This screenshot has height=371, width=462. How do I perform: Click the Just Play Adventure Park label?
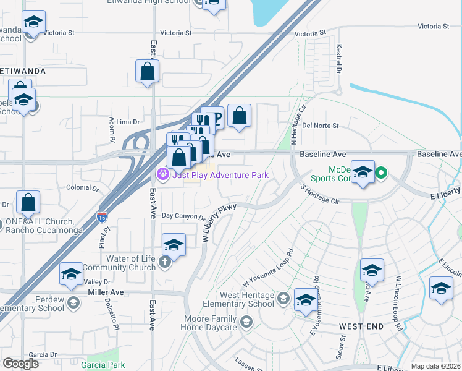[x=220, y=175]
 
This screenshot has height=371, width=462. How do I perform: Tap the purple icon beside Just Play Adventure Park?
[x=162, y=175]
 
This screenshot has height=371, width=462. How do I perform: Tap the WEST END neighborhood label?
[x=361, y=325]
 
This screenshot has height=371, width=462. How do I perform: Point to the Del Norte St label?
[x=321, y=125]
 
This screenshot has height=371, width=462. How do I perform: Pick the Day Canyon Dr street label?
[x=183, y=216]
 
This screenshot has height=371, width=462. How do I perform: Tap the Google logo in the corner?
[x=21, y=364]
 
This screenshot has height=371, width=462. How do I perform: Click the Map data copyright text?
[x=436, y=366]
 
